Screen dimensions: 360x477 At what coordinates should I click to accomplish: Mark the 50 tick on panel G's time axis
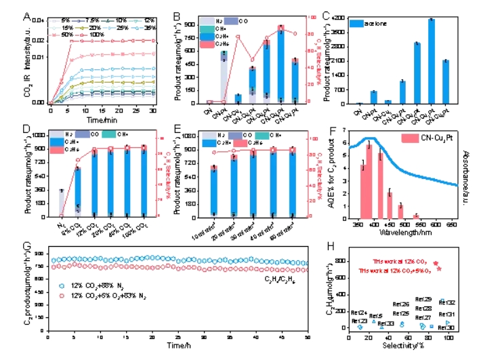308,337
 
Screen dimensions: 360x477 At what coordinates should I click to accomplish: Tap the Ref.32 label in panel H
447,302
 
